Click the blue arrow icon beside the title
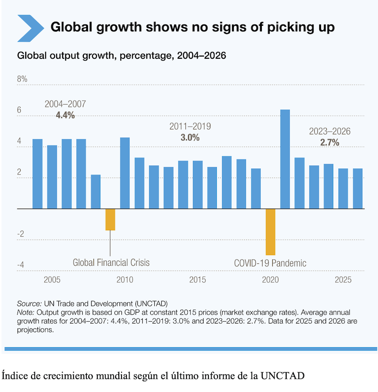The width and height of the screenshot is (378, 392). click(30, 28)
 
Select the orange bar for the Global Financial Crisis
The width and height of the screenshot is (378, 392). click(110, 219)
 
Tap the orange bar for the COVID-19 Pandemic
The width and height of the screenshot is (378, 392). click(270, 232)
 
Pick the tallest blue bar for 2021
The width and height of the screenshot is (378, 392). click(285, 159)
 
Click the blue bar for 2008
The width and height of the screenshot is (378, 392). click(96, 191)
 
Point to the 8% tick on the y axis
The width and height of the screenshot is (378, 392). click(22, 79)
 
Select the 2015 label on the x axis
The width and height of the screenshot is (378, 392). click(197, 280)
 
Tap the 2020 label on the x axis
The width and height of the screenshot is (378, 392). click(270, 280)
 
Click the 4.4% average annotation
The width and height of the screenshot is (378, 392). click(65, 115)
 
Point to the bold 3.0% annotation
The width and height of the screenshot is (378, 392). click(190, 137)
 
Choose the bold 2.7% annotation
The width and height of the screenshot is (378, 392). click(330, 142)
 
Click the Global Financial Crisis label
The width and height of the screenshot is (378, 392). click(111, 263)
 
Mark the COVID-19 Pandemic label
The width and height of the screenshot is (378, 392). click(270, 263)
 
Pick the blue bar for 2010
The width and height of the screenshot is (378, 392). click(125, 173)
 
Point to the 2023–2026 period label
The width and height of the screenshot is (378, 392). click(330, 131)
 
